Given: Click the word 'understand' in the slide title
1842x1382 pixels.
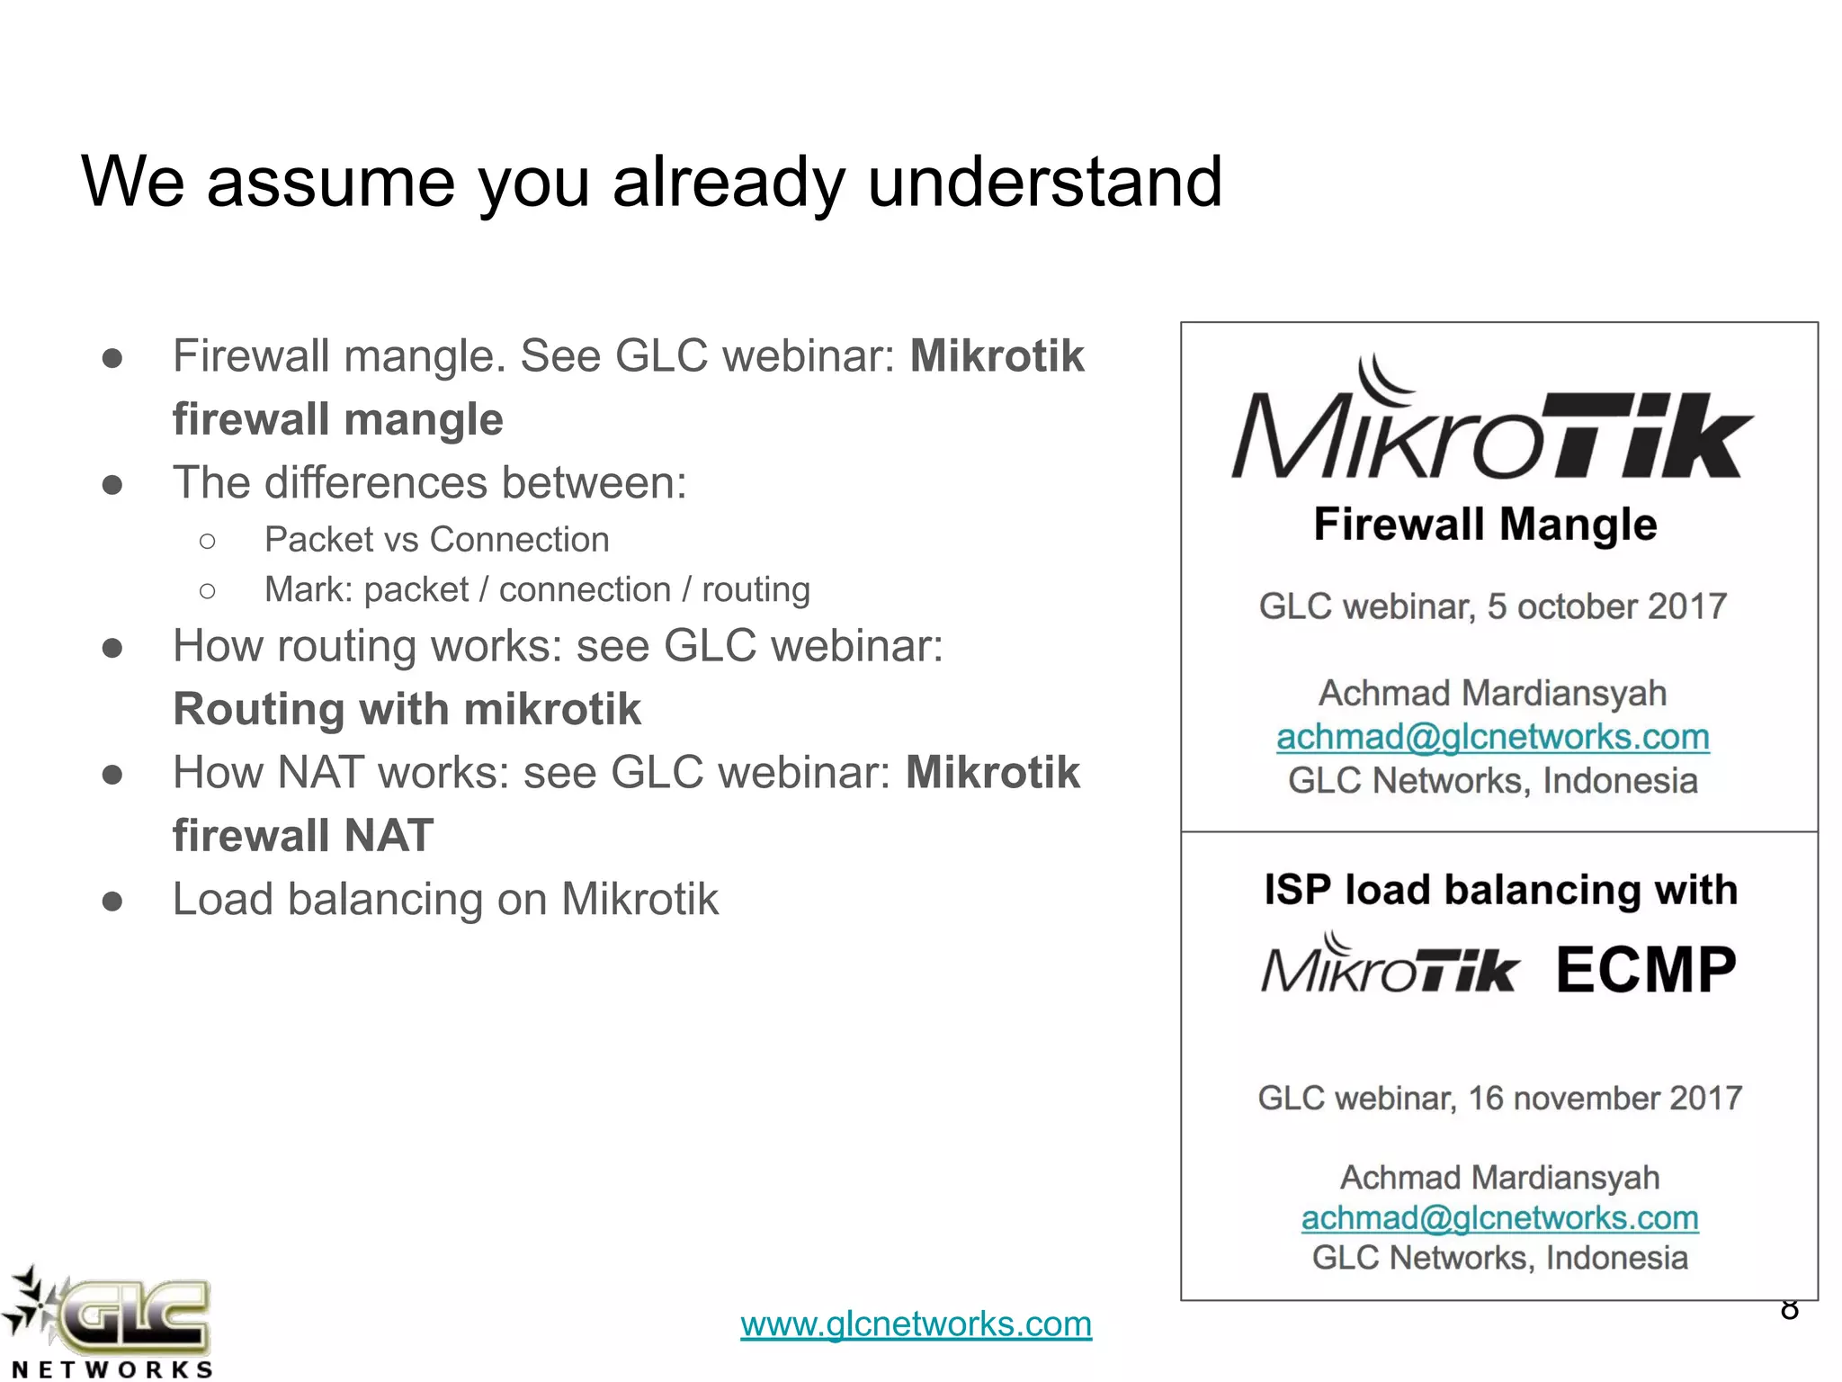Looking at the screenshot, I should click(1043, 182).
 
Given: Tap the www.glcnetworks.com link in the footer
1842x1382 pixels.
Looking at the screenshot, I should click(916, 1324).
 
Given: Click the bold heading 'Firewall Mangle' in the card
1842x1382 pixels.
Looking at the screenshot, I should click(1485, 525).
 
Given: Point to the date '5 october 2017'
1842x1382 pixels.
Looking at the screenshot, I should click(1606, 606).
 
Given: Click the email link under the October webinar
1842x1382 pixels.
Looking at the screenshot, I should click(1492, 737).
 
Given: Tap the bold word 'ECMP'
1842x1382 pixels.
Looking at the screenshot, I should click(1645, 970).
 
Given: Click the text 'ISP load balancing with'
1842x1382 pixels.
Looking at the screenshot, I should click(1500, 890).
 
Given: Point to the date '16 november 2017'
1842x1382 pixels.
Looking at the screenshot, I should click(1605, 1099).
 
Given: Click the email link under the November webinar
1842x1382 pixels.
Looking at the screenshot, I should click(1499, 1218).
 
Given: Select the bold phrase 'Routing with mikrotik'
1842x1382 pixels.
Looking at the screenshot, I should click(407, 709).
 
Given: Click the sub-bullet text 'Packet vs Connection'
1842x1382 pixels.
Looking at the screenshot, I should click(436, 540).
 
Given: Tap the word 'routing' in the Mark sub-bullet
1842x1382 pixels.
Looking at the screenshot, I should click(756, 590).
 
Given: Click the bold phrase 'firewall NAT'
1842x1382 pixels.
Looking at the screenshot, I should click(303, 836).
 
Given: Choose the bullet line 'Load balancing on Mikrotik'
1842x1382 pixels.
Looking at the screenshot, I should click(445, 899).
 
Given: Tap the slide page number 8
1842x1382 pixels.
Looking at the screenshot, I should click(1789, 1310).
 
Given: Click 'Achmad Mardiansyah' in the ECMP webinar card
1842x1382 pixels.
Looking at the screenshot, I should click(1499, 1177).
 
